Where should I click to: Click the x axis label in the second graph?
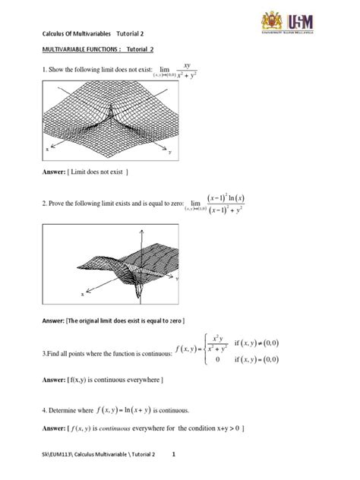pyautogui.click(x=82, y=292)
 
